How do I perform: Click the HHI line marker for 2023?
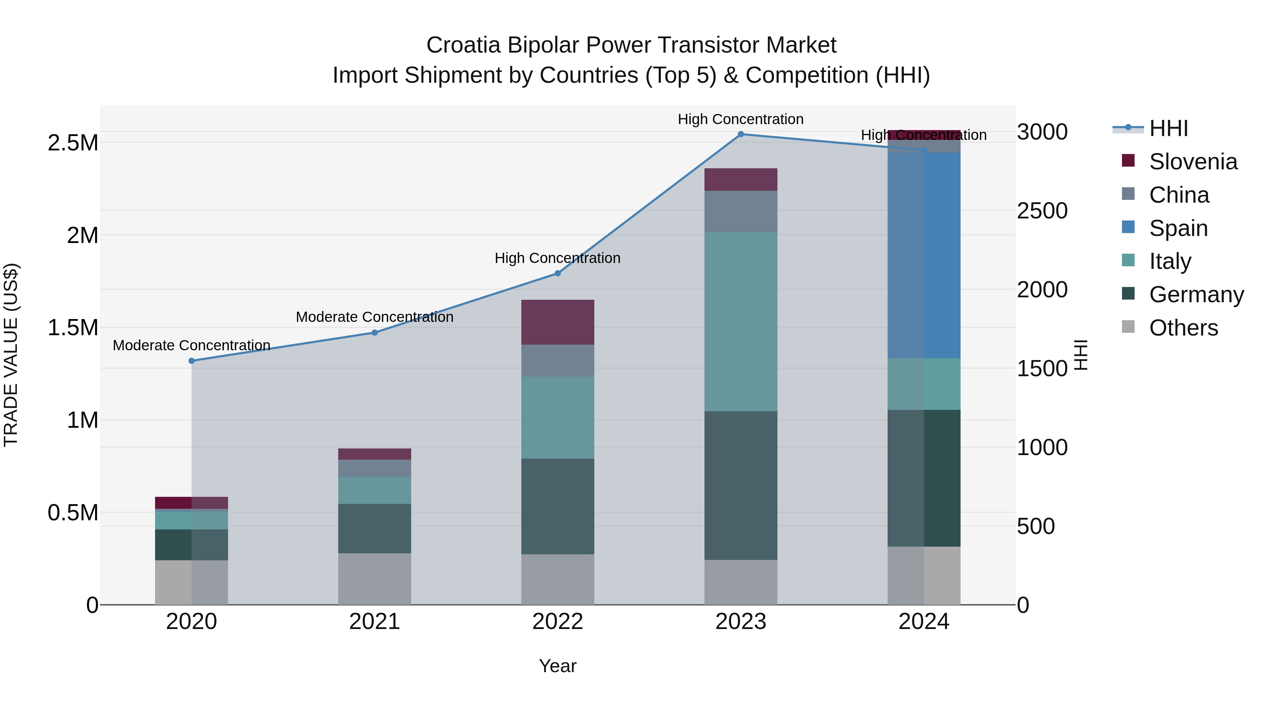click(740, 134)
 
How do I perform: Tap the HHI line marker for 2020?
click(192, 361)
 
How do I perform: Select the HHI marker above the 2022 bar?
click(557, 273)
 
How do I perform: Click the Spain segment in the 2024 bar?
click(924, 255)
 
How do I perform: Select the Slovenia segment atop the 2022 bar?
click(557, 322)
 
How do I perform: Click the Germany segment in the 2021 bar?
click(375, 528)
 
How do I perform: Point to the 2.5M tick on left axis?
click(73, 143)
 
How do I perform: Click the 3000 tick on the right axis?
click(1042, 132)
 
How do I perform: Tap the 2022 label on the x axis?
click(557, 622)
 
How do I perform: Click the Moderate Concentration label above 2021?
click(375, 317)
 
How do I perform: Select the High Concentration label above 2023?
click(740, 119)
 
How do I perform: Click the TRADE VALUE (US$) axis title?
click(11, 355)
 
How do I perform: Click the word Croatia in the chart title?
click(463, 45)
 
